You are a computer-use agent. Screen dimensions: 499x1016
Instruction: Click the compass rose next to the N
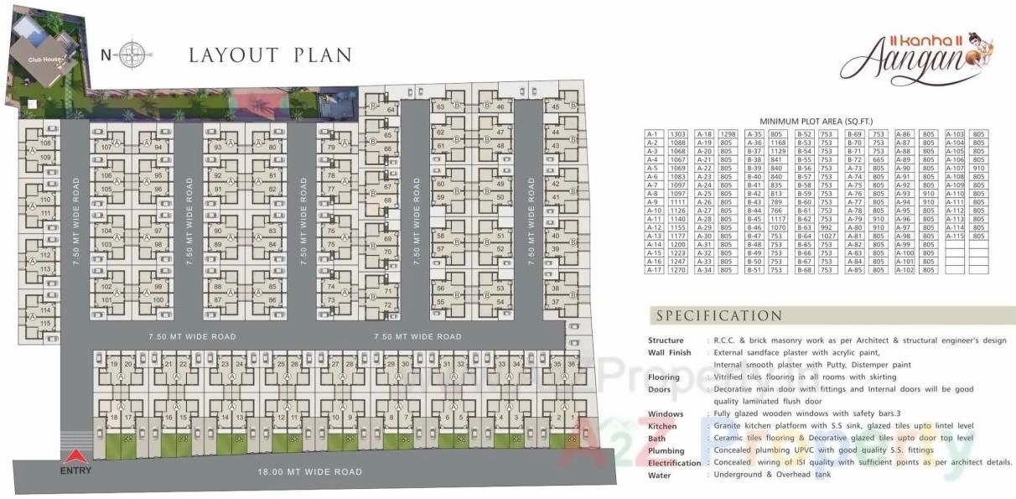click(132, 55)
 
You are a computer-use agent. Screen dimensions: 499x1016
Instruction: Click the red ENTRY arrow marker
click(75, 457)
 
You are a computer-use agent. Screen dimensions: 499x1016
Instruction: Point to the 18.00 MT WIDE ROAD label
click(309, 472)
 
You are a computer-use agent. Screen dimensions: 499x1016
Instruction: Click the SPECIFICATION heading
click(719, 316)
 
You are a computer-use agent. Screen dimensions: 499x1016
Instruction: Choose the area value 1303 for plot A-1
click(678, 134)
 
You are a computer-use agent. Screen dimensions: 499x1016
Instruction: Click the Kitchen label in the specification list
click(661, 426)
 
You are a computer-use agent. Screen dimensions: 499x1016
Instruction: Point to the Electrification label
click(674, 463)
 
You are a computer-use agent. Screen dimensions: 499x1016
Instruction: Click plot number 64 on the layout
click(391, 110)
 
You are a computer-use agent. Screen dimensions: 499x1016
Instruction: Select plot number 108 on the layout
click(45, 143)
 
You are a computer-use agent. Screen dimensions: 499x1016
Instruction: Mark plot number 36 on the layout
click(572, 364)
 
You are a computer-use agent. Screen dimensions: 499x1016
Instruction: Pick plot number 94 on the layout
click(157, 148)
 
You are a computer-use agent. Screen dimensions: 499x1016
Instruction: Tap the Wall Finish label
click(669, 353)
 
